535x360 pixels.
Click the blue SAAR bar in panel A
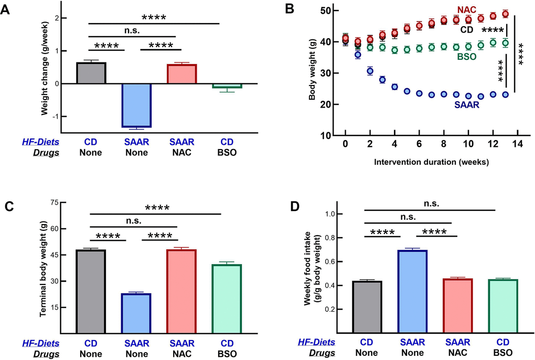[x=136, y=105]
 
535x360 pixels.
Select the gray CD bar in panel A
[x=91, y=73]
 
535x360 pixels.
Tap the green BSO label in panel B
[x=466, y=56]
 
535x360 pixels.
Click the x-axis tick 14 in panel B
[x=517, y=144]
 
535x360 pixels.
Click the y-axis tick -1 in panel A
[x=56, y=117]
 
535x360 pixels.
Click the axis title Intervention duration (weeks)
[x=432, y=162]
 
